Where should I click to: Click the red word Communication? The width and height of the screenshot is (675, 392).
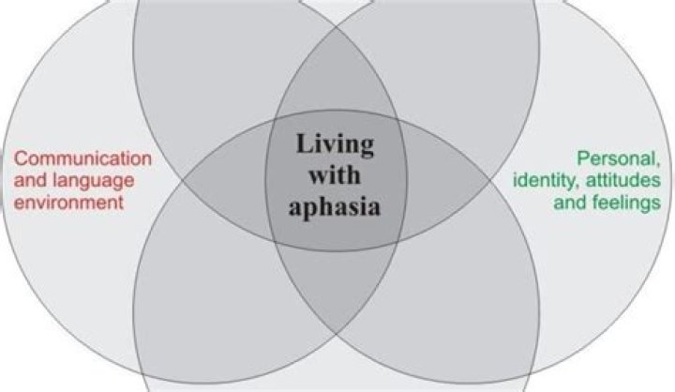[82, 158]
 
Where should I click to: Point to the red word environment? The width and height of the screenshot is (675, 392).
[68, 202]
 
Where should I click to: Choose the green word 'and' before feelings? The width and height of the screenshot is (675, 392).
[570, 202]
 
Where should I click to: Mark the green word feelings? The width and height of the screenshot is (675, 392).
[626, 203]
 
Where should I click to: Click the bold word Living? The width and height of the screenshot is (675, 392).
[335, 145]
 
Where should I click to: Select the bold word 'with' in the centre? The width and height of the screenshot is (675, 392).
[335, 175]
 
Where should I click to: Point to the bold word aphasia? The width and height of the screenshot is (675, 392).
[335, 206]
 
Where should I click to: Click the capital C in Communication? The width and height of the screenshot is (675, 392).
[21, 158]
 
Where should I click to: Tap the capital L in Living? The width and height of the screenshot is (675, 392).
[305, 143]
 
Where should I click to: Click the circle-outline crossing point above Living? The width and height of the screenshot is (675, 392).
[337, 27]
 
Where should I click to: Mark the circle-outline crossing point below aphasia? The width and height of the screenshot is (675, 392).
[337, 334]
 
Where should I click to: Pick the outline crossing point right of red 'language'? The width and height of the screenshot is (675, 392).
[184, 180]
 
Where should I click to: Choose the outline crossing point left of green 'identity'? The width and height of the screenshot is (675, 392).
[489, 180]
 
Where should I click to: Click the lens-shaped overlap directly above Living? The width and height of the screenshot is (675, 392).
[337, 73]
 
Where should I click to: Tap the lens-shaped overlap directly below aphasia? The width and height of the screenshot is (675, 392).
[337, 286]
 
